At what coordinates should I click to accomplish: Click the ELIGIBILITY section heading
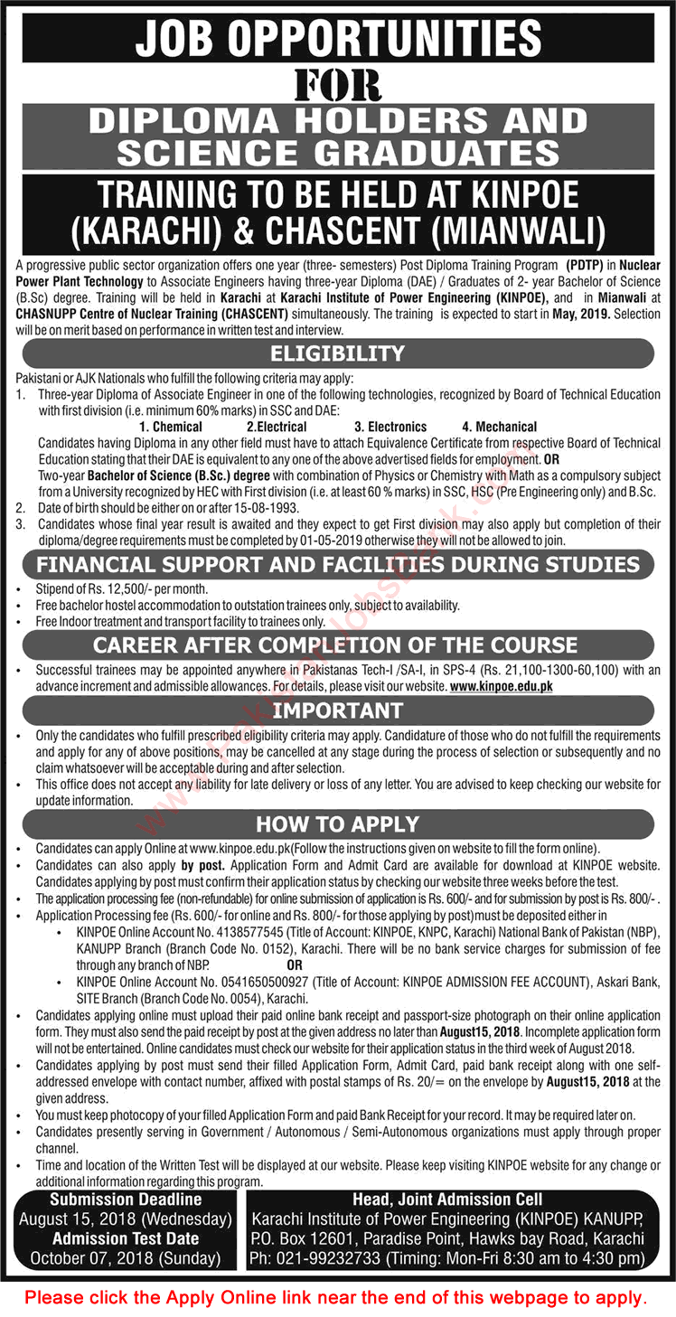tap(337, 353)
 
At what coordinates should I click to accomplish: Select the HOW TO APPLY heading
tap(337, 823)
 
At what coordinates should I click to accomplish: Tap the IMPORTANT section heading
tap(337, 710)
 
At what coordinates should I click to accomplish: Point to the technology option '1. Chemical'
tap(171, 427)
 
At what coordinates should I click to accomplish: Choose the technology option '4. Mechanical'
tap(499, 427)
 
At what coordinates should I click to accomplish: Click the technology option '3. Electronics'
tap(390, 427)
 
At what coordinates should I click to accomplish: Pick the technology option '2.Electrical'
tap(277, 427)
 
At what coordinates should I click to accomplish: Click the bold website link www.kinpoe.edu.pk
tap(501, 687)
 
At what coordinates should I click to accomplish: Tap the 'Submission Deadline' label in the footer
tap(126, 1199)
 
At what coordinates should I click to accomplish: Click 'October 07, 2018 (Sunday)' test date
tap(126, 1256)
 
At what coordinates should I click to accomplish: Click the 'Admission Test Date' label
tap(126, 1237)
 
